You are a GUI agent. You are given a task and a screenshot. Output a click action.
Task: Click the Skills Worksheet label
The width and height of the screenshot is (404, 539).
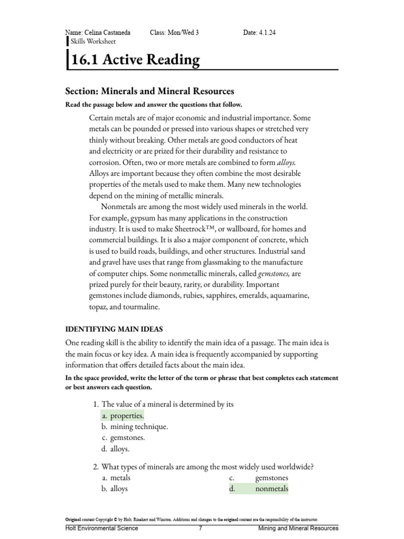click(93, 42)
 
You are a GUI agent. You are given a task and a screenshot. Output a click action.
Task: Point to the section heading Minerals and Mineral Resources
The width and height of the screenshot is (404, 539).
click(149, 91)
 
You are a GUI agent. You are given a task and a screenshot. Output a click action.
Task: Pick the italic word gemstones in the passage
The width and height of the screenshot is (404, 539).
click(274, 274)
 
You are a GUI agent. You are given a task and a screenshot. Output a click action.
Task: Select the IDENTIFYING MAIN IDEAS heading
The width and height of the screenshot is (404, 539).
click(110, 330)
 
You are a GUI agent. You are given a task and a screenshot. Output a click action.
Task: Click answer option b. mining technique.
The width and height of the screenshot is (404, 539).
click(135, 426)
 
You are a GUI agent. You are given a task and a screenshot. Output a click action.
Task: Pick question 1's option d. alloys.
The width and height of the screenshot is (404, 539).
click(116, 449)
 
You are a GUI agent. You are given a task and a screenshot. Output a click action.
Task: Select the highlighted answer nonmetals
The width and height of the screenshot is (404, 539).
click(271, 489)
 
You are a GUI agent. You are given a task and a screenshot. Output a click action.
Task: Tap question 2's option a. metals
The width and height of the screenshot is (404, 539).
click(117, 478)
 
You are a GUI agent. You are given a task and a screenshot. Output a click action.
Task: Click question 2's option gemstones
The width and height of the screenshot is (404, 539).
click(271, 478)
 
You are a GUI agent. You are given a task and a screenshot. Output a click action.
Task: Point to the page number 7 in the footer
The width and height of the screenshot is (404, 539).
click(201, 528)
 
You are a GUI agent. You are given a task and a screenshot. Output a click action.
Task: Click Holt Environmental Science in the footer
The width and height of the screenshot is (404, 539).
click(102, 528)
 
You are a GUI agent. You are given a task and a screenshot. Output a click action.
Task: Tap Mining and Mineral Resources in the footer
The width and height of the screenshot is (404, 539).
click(298, 528)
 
